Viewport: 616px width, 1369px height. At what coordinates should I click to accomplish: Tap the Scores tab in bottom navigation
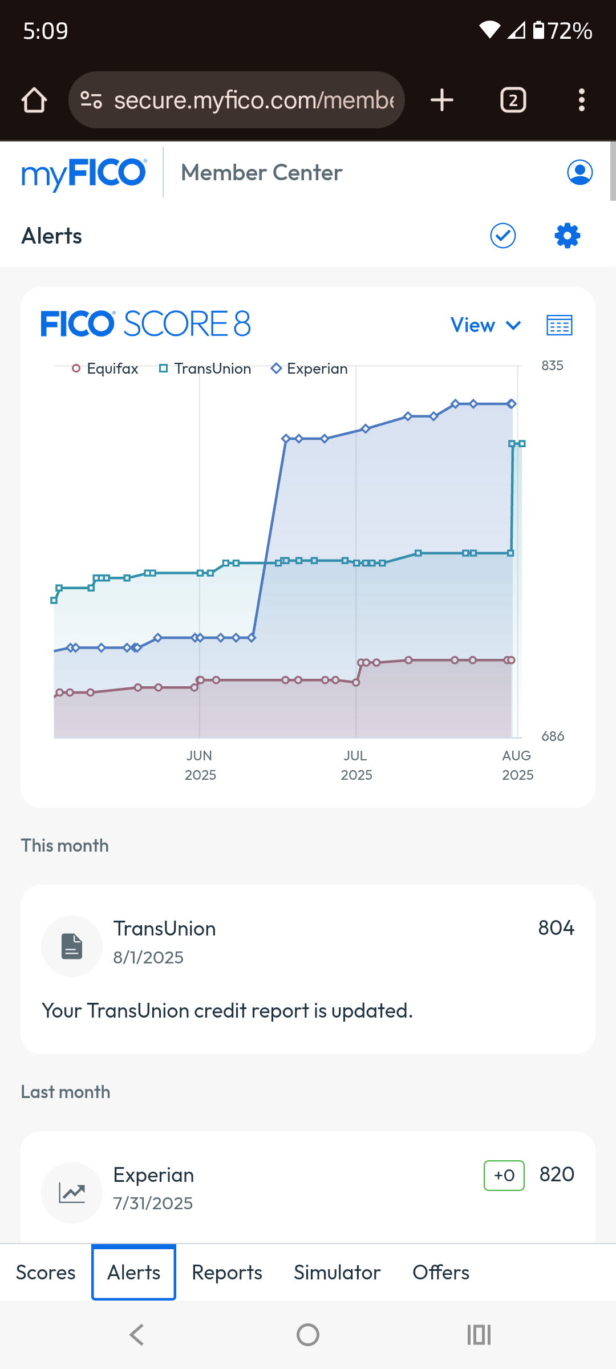(x=46, y=1273)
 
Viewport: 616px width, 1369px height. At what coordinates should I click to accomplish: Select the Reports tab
(x=227, y=1273)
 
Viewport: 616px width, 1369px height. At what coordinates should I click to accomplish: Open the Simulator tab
(x=337, y=1273)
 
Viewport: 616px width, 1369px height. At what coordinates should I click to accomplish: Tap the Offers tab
(x=441, y=1273)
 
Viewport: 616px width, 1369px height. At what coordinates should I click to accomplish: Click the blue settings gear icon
(x=568, y=236)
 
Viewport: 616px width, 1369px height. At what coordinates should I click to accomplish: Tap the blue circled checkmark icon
(x=503, y=236)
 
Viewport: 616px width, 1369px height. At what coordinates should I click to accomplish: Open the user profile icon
(x=580, y=172)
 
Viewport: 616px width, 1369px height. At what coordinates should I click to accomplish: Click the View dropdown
(x=486, y=325)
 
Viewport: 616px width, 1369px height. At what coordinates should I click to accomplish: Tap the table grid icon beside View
(x=560, y=325)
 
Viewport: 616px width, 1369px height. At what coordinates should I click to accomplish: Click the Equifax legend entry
(x=106, y=368)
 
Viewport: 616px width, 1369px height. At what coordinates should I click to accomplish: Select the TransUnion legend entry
(x=205, y=368)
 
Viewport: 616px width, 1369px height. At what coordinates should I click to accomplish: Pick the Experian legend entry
(x=310, y=368)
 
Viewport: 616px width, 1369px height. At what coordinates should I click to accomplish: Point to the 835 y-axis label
(x=552, y=366)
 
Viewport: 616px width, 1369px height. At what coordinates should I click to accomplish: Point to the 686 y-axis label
(x=553, y=736)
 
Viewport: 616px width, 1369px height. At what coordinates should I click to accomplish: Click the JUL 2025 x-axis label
(x=356, y=765)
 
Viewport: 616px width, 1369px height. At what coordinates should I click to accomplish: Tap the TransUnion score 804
(x=556, y=928)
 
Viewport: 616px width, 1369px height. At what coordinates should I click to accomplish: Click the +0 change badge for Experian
(x=504, y=1176)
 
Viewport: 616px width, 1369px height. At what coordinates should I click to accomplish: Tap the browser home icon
(x=34, y=100)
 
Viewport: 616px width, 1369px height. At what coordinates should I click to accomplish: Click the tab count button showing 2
(x=513, y=100)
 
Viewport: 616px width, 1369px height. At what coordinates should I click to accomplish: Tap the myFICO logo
(x=84, y=173)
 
